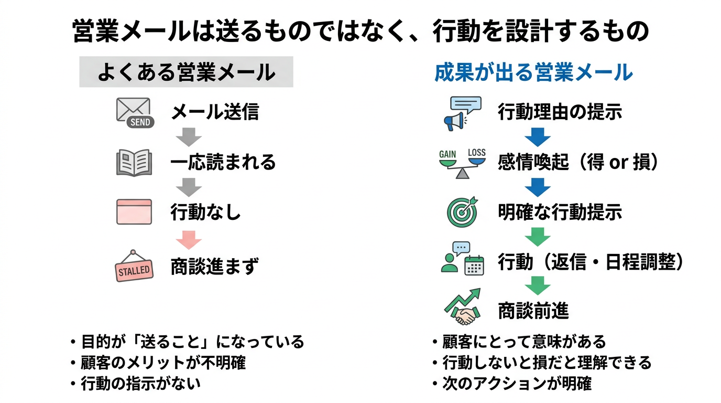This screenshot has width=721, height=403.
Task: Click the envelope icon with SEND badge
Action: point(134,112)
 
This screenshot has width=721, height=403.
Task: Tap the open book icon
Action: point(134,163)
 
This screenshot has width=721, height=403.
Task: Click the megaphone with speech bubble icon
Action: point(462,113)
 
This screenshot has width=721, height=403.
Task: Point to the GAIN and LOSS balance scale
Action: point(462,163)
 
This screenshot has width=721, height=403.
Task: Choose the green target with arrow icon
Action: point(462,212)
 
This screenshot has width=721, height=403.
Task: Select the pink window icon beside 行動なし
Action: point(134,212)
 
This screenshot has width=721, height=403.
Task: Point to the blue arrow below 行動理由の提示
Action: point(537,137)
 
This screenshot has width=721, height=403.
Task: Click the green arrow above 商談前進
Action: point(537,285)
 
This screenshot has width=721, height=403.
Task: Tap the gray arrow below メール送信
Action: point(189,137)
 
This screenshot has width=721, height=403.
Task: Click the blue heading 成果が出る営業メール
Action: point(533,73)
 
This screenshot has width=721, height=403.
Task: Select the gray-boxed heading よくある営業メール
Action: point(186,72)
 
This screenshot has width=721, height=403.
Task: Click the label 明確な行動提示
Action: point(560,213)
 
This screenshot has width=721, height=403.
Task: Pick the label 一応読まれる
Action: point(223,163)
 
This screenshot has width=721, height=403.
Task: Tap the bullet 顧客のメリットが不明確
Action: point(163,363)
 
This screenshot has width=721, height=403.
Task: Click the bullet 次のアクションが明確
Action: point(517,384)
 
